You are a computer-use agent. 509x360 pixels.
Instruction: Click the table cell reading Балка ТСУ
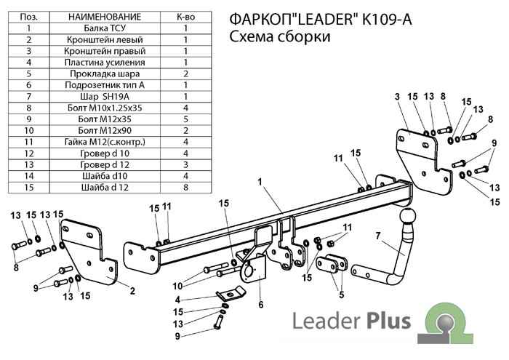point(105,28)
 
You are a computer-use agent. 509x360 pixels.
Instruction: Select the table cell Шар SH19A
point(105,96)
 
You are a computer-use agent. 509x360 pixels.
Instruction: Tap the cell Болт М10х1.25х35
point(105,108)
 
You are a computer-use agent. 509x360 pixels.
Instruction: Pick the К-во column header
point(185,16)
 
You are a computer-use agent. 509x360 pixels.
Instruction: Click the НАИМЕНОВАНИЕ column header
point(105,16)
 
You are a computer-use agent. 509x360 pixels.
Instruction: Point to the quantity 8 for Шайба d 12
point(185,187)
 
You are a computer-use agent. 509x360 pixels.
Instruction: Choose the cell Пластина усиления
point(105,62)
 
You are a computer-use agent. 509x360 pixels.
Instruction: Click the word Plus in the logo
point(388,321)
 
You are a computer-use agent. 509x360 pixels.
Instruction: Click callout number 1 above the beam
point(260,181)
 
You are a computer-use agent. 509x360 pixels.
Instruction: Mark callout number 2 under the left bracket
point(132,291)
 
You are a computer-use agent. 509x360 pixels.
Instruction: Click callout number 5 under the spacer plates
point(340,295)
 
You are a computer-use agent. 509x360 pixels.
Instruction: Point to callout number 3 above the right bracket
point(398,97)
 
